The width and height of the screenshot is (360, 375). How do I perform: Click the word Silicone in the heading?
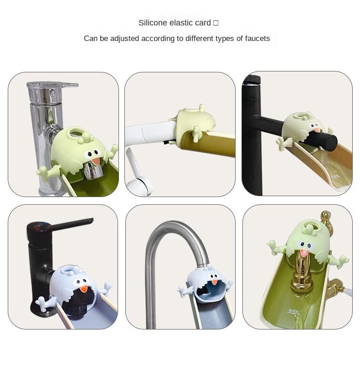click(153, 23)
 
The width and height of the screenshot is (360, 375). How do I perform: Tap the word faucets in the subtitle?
click(257, 39)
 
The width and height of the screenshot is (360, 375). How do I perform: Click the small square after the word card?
click(216, 23)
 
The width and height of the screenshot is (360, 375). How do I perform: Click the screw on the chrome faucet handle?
click(52, 92)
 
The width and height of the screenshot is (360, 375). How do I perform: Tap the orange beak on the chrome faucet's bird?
click(96, 161)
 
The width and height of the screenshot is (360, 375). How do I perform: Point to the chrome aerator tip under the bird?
click(93, 171)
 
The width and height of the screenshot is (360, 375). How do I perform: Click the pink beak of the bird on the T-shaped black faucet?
click(317, 130)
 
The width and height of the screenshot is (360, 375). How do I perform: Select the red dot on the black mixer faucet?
click(37, 228)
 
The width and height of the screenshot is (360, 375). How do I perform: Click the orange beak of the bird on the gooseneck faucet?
click(215, 282)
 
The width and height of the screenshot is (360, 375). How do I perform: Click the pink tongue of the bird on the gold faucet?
click(303, 253)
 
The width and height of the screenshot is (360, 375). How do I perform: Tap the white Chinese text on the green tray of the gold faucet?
click(293, 311)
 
